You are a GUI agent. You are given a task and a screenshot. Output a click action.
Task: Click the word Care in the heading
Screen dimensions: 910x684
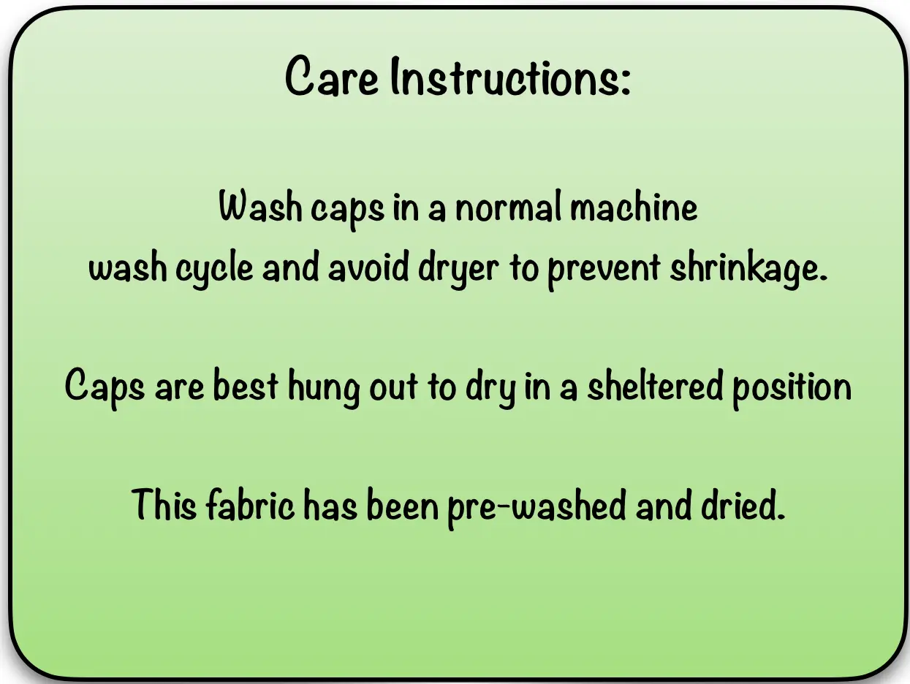332,77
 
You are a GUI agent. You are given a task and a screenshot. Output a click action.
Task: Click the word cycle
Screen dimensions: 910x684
214,269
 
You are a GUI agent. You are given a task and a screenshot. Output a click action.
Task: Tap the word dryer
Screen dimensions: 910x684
458,269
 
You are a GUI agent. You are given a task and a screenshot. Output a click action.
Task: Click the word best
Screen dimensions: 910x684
245,384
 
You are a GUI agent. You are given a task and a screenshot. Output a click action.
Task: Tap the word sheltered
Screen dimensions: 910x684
656,384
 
